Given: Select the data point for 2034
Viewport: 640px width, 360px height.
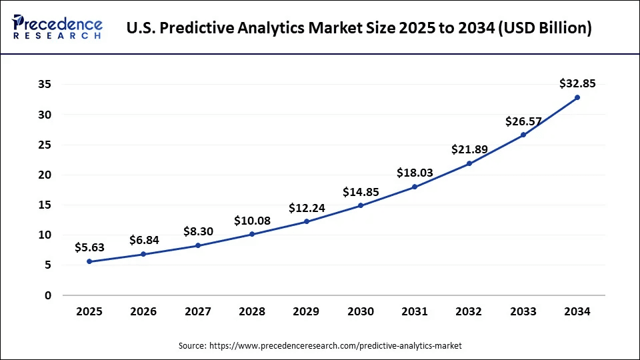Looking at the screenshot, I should coord(577,97).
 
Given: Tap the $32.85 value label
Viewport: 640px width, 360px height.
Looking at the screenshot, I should coord(577,83).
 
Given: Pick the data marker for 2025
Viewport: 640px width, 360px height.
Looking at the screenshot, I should coord(90,261).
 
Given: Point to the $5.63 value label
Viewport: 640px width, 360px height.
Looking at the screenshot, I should coord(90,247).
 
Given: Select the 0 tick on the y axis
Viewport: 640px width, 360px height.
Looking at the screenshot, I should coord(47,295).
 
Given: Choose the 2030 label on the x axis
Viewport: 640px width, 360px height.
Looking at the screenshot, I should coord(361,311).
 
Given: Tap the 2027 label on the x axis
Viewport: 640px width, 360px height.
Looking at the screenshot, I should coord(198,311).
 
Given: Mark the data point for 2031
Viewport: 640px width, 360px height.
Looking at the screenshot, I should coord(415,187).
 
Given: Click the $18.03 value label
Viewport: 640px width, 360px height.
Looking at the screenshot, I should coord(415,173).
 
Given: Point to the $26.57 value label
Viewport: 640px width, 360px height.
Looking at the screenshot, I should coord(523,121).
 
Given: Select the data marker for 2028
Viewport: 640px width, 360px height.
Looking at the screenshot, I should coord(253,234).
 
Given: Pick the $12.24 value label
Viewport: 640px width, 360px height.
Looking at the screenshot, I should coord(307,208).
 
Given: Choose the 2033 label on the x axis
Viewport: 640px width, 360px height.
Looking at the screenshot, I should coord(523,311).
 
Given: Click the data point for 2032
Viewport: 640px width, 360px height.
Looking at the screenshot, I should coord(469,163).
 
